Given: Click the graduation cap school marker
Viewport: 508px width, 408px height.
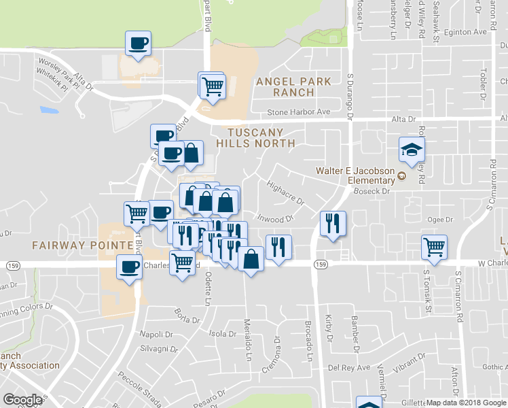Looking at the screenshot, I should tap(411, 150).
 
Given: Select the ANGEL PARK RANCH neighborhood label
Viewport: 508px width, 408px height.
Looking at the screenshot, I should tap(293, 86).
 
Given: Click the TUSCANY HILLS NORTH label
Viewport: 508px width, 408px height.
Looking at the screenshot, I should tap(255, 137).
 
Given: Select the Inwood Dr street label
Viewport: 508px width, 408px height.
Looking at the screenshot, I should tap(275, 219).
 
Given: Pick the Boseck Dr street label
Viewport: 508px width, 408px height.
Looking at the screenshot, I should tap(370, 192).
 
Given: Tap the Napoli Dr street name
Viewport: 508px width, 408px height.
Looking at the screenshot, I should tap(152, 333).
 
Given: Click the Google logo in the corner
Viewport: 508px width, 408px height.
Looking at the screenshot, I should tap(22, 399).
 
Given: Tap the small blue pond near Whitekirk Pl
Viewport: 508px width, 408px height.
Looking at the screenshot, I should tap(49, 109).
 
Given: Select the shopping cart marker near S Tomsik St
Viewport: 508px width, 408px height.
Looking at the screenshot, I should tap(433, 248).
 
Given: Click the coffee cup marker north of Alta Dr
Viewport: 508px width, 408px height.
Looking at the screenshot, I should tap(139, 44).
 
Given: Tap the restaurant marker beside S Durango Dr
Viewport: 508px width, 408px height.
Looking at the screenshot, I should tap(333, 224).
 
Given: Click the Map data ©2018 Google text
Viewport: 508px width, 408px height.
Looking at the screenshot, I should tap(467, 403).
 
